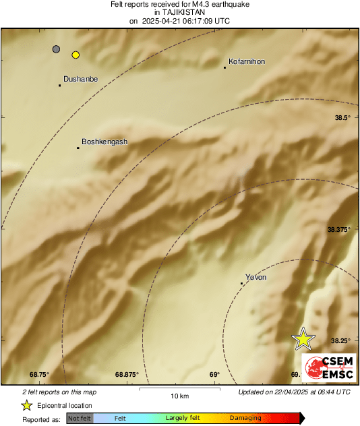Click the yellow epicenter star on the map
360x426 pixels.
pos(303,339)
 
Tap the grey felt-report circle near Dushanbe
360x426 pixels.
pos(56,49)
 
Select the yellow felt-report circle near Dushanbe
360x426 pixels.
pos(76,55)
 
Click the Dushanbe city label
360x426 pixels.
pos(80,79)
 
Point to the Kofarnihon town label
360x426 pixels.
pos(247,61)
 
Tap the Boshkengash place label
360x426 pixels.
pos(104,142)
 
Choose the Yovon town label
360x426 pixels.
pos(256,277)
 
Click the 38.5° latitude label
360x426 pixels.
pos(343,118)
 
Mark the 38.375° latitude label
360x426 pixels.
pos(340,230)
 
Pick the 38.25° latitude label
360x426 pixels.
pos(340,341)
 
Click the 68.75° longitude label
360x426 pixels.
pos(39,375)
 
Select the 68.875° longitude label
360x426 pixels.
pos(127,375)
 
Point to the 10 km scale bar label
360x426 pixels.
pos(179,396)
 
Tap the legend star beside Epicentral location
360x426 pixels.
pos(26,405)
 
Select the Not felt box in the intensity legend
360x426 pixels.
pos(80,419)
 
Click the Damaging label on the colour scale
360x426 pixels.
pos(245,419)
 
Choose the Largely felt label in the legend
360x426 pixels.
pos(181,419)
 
